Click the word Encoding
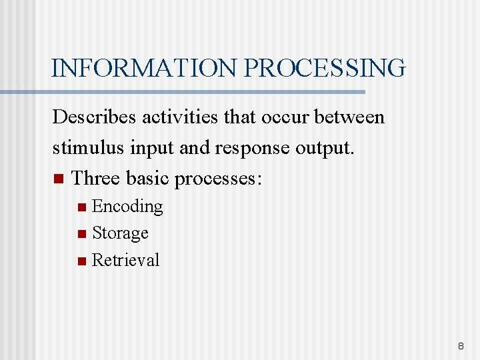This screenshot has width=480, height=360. pos(127,207)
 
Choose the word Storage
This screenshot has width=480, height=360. pos(120,233)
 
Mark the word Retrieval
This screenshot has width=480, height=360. pos(125,260)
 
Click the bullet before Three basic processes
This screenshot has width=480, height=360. pos(57,179)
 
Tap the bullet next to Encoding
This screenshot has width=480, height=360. pos(81,207)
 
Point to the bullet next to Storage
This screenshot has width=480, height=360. pos(81,234)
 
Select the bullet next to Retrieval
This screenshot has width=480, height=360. pos(81,261)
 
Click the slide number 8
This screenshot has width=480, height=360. pos(460,347)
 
